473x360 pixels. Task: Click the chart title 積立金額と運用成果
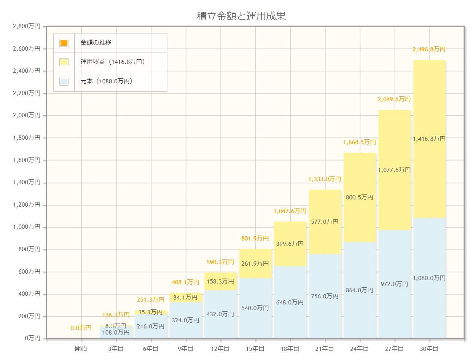(241, 16)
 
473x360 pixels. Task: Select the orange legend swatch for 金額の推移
(64, 43)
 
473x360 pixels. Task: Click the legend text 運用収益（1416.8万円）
(113, 62)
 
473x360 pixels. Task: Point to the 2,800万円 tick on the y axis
(26, 26)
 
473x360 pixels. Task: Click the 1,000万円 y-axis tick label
(26, 227)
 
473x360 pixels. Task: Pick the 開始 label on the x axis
(81, 349)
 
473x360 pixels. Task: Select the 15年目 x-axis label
(255, 349)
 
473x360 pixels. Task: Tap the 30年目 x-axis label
(429, 349)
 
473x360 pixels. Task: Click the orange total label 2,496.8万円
(429, 49)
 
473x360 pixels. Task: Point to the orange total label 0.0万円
(81, 328)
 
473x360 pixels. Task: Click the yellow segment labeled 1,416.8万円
(429, 139)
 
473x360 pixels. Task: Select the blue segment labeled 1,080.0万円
(429, 278)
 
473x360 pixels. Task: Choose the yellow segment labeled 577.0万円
(325, 221)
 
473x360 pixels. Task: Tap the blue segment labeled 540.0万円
(255, 308)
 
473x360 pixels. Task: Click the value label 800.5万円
(360, 198)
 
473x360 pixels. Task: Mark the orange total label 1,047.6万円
(290, 211)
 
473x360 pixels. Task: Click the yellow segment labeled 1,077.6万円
(394, 170)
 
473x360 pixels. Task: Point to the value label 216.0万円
(151, 326)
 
